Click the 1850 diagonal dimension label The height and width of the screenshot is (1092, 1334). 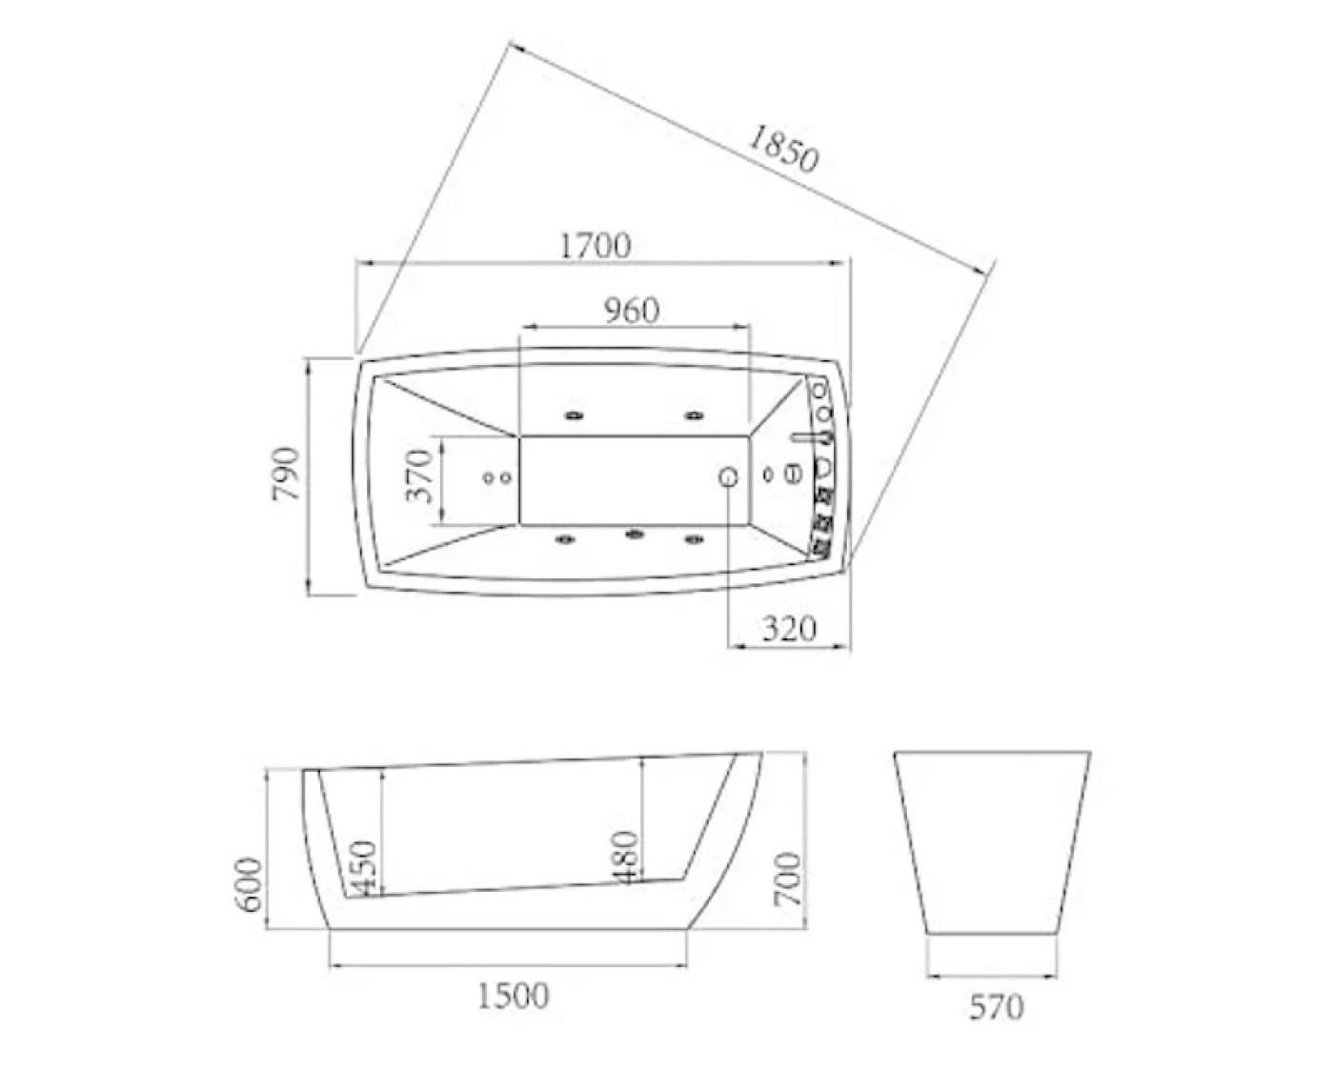click(x=783, y=150)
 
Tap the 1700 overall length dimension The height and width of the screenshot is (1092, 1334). click(x=596, y=246)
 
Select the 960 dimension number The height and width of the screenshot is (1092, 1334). click(x=631, y=311)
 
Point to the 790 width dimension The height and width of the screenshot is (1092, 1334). click(x=286, y=474)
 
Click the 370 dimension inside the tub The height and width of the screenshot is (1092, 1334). click(x=419, y=475)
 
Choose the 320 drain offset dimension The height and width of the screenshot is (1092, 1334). click(x=789, y=629)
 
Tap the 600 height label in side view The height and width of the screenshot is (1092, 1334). click(x=248, y=884)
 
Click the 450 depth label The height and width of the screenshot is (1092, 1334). click(x=364, y=868)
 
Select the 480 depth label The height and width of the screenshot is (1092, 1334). click(x=626, y=858)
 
